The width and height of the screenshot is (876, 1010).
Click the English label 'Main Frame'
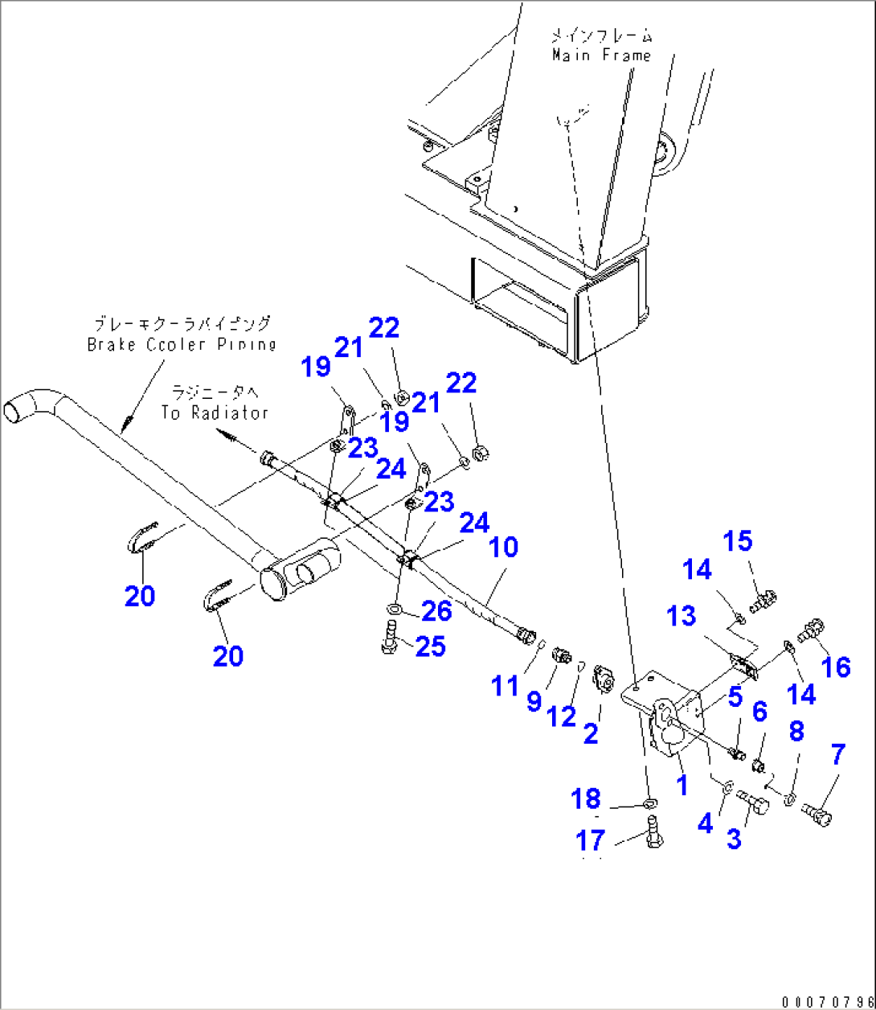tap(600, 55)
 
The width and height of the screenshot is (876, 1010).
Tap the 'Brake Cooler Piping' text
tap(181, 344)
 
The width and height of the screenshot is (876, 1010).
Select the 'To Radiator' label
tap(214, 413)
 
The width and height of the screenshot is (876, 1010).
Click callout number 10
tap(503, 548)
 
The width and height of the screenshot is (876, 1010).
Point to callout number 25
tap(430, 646)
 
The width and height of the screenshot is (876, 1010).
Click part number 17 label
tap(590, 840)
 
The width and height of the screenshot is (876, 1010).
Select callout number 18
tap(586, 799)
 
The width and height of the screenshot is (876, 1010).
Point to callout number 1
tap(682, 785)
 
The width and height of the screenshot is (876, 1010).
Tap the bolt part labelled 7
tap(818, 815)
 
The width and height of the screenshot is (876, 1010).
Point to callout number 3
tap(733, 839)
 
